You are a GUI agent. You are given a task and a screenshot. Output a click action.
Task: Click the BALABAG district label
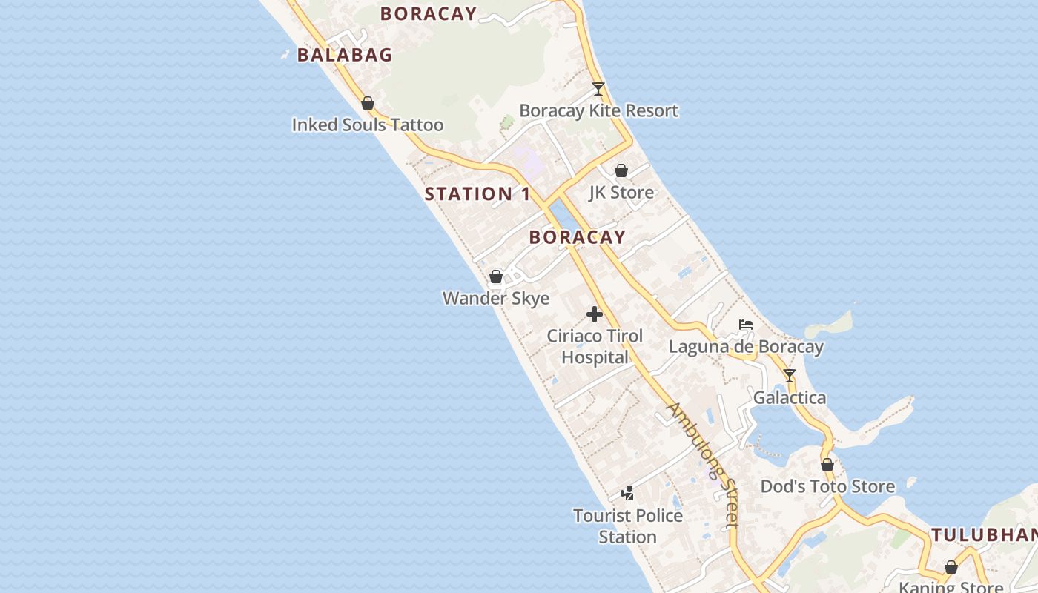point(345,55)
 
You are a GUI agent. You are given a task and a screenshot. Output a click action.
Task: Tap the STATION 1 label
point(477,194)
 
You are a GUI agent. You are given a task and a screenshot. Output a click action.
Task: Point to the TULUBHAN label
point(984,534)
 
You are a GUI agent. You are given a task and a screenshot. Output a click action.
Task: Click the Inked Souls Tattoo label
point(368,125)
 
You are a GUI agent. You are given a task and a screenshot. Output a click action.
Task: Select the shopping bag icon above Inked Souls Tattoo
point(367,103)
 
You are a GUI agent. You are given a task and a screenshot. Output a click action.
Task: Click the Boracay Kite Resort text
point(598,110)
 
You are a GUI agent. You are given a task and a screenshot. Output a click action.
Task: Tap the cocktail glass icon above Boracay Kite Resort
point(598,89)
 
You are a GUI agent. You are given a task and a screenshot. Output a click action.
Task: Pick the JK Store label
point(621,193)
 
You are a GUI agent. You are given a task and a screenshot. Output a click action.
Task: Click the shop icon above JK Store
point(621,170)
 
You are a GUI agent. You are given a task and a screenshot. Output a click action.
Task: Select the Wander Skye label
point(496,298)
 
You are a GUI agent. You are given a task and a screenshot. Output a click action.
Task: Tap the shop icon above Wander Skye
point(496,276)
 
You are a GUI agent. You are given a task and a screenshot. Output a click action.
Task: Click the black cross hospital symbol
point(595,314)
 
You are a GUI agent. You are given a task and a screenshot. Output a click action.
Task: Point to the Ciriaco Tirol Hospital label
point(595,346)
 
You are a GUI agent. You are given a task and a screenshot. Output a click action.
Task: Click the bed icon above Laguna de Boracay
point(746,325)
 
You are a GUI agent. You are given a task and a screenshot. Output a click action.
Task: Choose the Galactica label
point(790,398)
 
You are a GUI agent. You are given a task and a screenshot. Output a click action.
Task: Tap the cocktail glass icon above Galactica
point(790,376)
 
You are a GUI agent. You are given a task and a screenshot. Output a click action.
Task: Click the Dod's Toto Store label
point(827,486)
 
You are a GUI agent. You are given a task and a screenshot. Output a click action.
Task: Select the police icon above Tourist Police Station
point(628,493)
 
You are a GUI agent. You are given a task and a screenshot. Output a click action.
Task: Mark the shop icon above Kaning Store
point(951,567)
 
